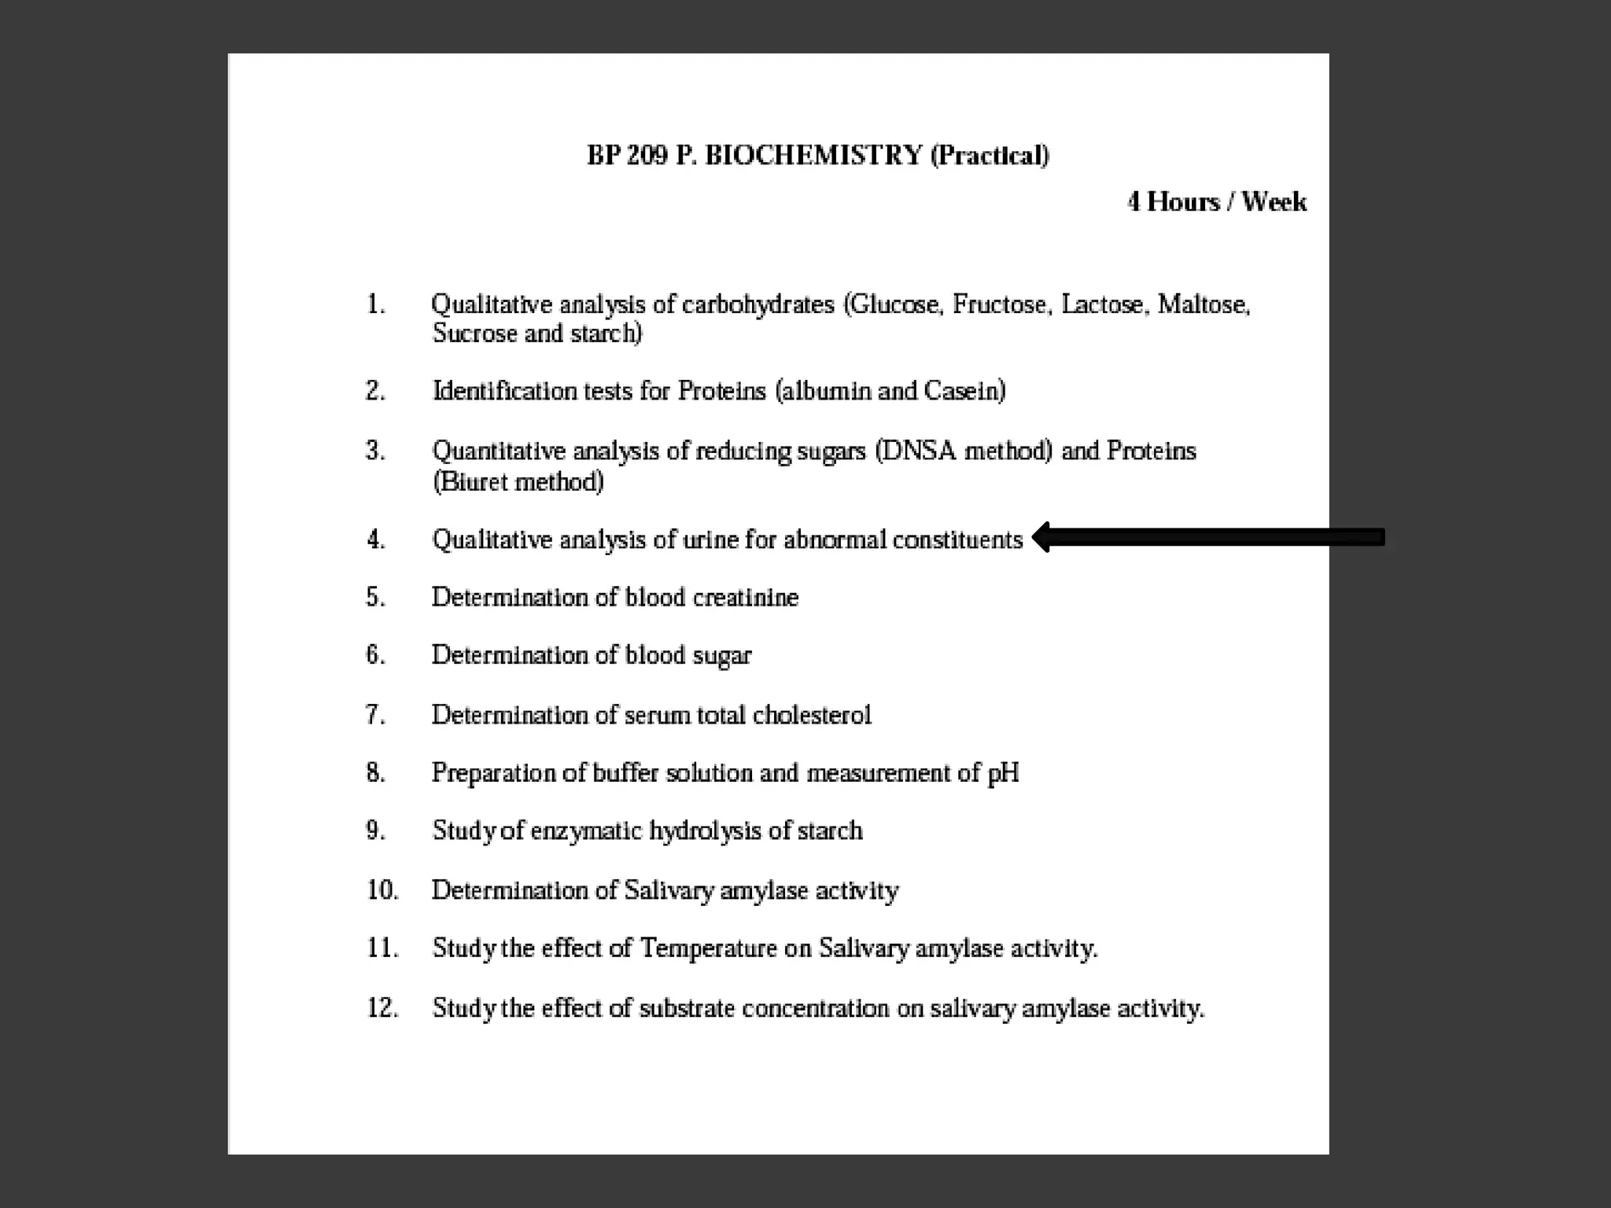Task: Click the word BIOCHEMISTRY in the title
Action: pos(813,156)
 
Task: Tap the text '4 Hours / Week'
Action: pos(1217,202)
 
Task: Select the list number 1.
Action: pos(376,304)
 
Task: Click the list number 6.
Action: pos(375,655)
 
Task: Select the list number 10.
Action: pos(382,890)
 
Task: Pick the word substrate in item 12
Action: pos(686,1008)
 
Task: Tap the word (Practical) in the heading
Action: pos(990,156)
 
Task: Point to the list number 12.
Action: pos(382,1008)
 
